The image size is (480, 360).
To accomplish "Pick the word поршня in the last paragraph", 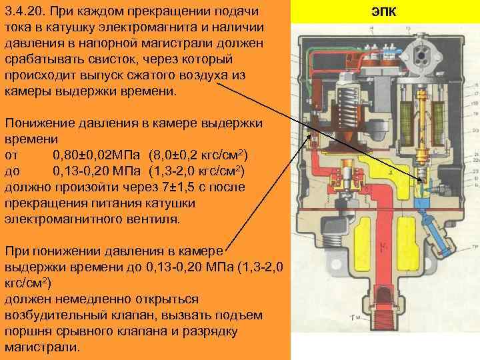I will (x=25, y=331).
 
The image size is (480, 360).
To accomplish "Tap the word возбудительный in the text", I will (x=53, y=315).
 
